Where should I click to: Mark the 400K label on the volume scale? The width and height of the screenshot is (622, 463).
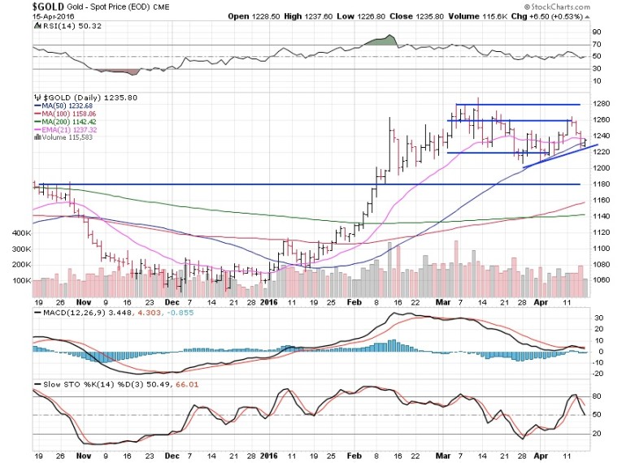click(x=21, y=232)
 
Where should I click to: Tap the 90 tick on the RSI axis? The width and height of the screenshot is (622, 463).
click(x=597, y=32)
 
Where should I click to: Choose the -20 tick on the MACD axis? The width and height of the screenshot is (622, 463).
click(x=597, y=374)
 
